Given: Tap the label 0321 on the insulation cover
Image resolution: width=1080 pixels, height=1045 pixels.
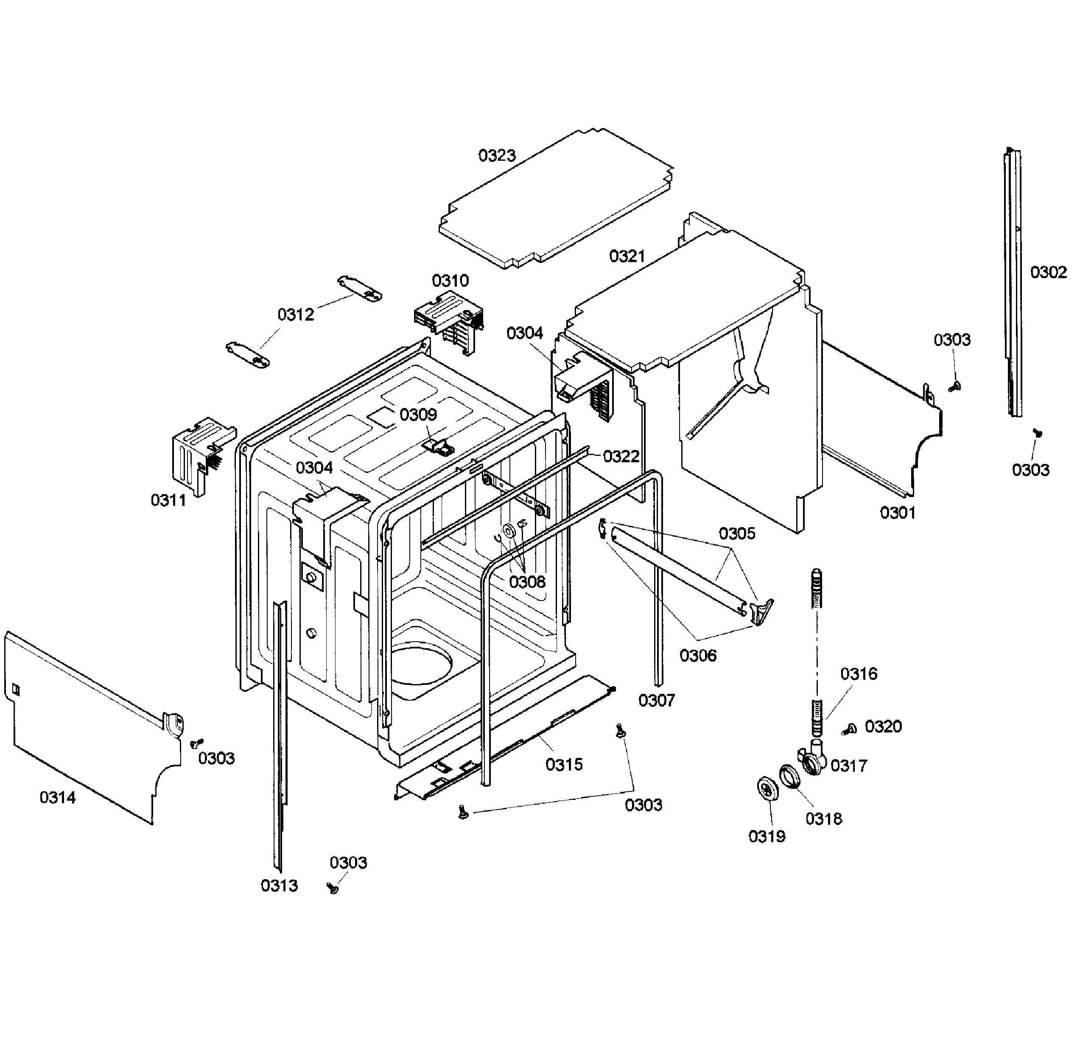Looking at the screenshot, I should tap(627, 256).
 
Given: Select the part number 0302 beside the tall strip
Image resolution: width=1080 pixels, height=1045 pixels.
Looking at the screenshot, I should tap(1048, 272).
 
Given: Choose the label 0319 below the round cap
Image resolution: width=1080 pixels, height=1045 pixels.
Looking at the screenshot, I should tap(767, 836).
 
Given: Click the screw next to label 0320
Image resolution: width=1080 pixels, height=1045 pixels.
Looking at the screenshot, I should tap(849, 729).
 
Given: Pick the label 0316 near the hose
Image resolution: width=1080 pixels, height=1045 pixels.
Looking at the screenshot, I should tap(859, 674).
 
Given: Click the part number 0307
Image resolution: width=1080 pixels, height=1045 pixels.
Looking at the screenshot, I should tap(656, 701).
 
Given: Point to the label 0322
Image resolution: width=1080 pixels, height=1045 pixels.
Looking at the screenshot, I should tap(621, 456).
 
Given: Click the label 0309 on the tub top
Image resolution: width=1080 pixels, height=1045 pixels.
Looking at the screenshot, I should tap(418, 415).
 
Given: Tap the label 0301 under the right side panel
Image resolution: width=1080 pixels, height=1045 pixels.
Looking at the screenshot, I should tap(897, 513).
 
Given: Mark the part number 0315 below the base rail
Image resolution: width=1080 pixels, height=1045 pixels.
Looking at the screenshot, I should tap(564, 765).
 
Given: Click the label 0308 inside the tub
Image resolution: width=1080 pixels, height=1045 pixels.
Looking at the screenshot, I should tap(527, 582).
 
